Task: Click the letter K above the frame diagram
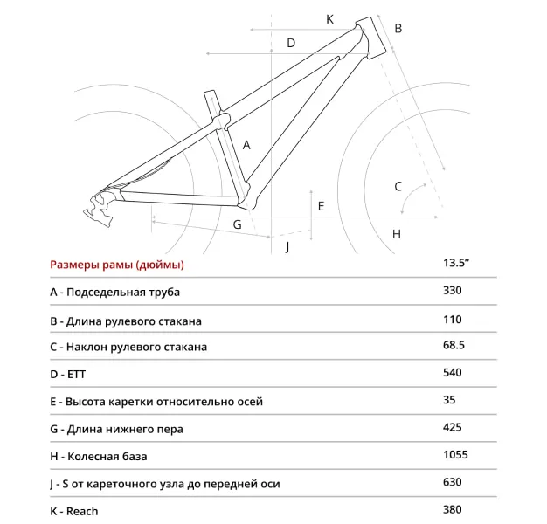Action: point(330,19)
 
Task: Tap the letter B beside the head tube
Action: point(398,29)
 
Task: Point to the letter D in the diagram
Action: point(291,43)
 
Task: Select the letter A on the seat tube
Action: point(247,145)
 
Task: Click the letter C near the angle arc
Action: point(398,186)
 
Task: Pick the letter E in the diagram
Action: point(322,206)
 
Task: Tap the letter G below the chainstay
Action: point(237,225)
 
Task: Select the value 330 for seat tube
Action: point(453,291)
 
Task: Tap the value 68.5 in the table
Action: point(454,346)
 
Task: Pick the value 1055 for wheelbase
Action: point(455,456)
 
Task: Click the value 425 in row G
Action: point(453,428)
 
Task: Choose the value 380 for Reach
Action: point(453,511)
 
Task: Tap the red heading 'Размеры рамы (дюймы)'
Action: point(117,265)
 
